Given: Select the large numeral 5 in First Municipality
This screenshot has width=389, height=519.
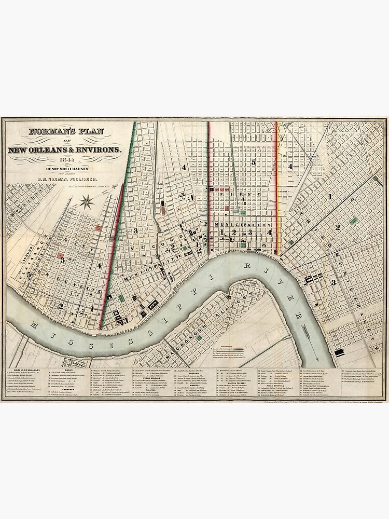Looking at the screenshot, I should click(x=253, y=162).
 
